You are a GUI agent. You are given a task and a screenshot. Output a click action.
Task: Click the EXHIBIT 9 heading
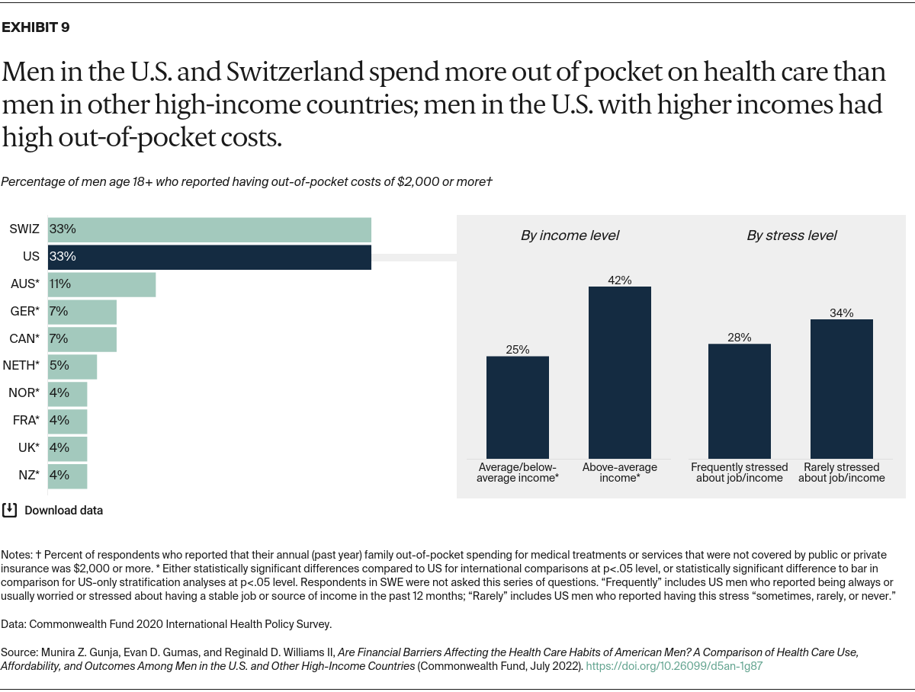pos(36,28)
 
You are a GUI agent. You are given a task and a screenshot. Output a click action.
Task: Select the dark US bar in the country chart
pos(210,257)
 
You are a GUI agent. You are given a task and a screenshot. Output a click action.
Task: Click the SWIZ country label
pos(24,229)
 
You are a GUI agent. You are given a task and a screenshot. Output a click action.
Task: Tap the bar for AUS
pos(101,284)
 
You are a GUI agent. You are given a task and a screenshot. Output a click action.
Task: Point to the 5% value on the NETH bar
pos(59,366)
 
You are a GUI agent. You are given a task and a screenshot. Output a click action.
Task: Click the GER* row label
pos(24,312)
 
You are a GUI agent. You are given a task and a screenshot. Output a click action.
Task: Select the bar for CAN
pos(82,338)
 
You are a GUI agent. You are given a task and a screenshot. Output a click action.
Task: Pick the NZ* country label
pos(28,476)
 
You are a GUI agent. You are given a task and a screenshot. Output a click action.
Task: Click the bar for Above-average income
pos(620,373)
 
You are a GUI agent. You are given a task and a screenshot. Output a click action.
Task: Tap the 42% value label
pos(620,280)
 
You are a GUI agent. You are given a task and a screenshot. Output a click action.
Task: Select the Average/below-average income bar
pos(518,407)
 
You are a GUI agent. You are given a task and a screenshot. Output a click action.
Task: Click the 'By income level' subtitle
pos(570,235)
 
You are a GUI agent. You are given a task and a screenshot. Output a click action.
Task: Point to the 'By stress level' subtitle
pos(791,235)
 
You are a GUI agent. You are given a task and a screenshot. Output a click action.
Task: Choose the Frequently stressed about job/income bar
pos(740,401)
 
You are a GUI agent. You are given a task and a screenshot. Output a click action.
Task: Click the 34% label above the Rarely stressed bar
pos(842,312)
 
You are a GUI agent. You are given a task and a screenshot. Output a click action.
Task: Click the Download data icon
pos(9,510)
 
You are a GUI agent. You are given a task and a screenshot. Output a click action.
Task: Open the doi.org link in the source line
pos(674,665)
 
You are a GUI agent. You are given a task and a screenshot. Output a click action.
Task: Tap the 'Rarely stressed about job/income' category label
pos(842,473)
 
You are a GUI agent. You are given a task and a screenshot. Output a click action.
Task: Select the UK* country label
pos(28,448)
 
